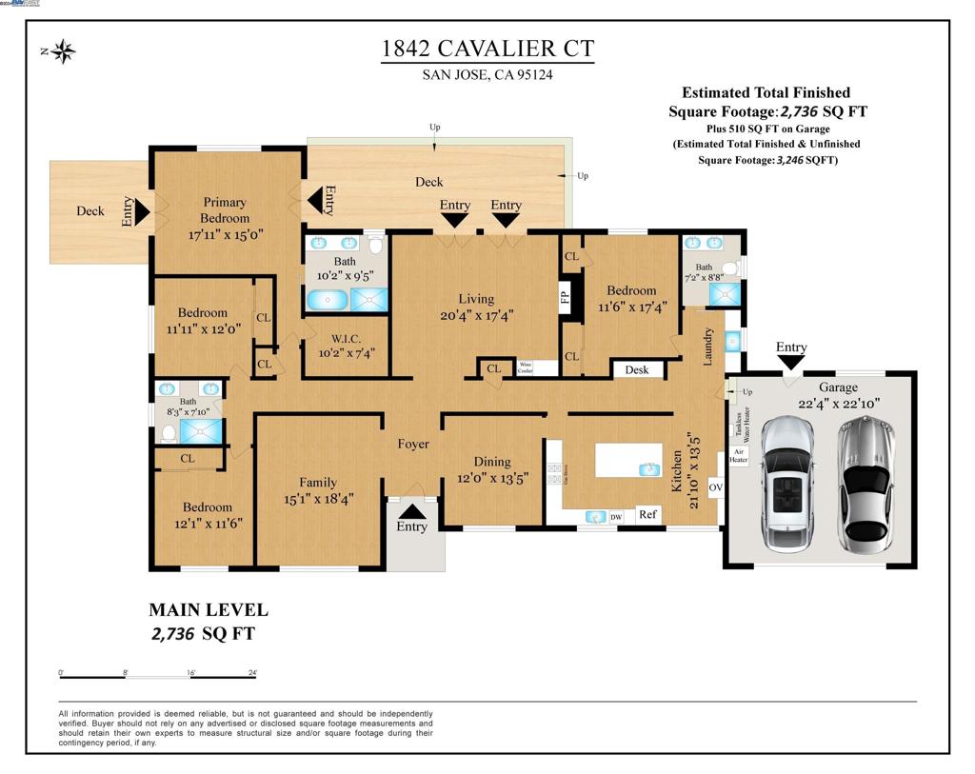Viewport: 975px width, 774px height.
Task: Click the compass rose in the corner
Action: click(x=64, y=51)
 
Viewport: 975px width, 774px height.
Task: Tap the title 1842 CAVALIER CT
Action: click(x=487, y=50)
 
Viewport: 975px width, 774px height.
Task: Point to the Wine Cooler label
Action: click(x=526, y=367)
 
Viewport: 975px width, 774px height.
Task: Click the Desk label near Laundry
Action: click(x=637, y=369)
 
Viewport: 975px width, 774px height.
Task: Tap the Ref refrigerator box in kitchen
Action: click(x=648, y=514)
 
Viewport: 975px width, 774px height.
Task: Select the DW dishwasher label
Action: click(x=616, y=516)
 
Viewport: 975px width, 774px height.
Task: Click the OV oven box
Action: click(x=716, y=488)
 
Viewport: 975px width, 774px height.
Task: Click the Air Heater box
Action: click(x=738, y=455)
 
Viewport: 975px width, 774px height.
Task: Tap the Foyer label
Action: click(x=413, y=444)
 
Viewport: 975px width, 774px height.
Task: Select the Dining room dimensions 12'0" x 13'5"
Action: click(x=492, y=478)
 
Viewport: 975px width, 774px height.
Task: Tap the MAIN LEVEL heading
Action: click(x=209, y=610)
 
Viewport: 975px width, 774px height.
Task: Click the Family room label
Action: click(x=318, y=483)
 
